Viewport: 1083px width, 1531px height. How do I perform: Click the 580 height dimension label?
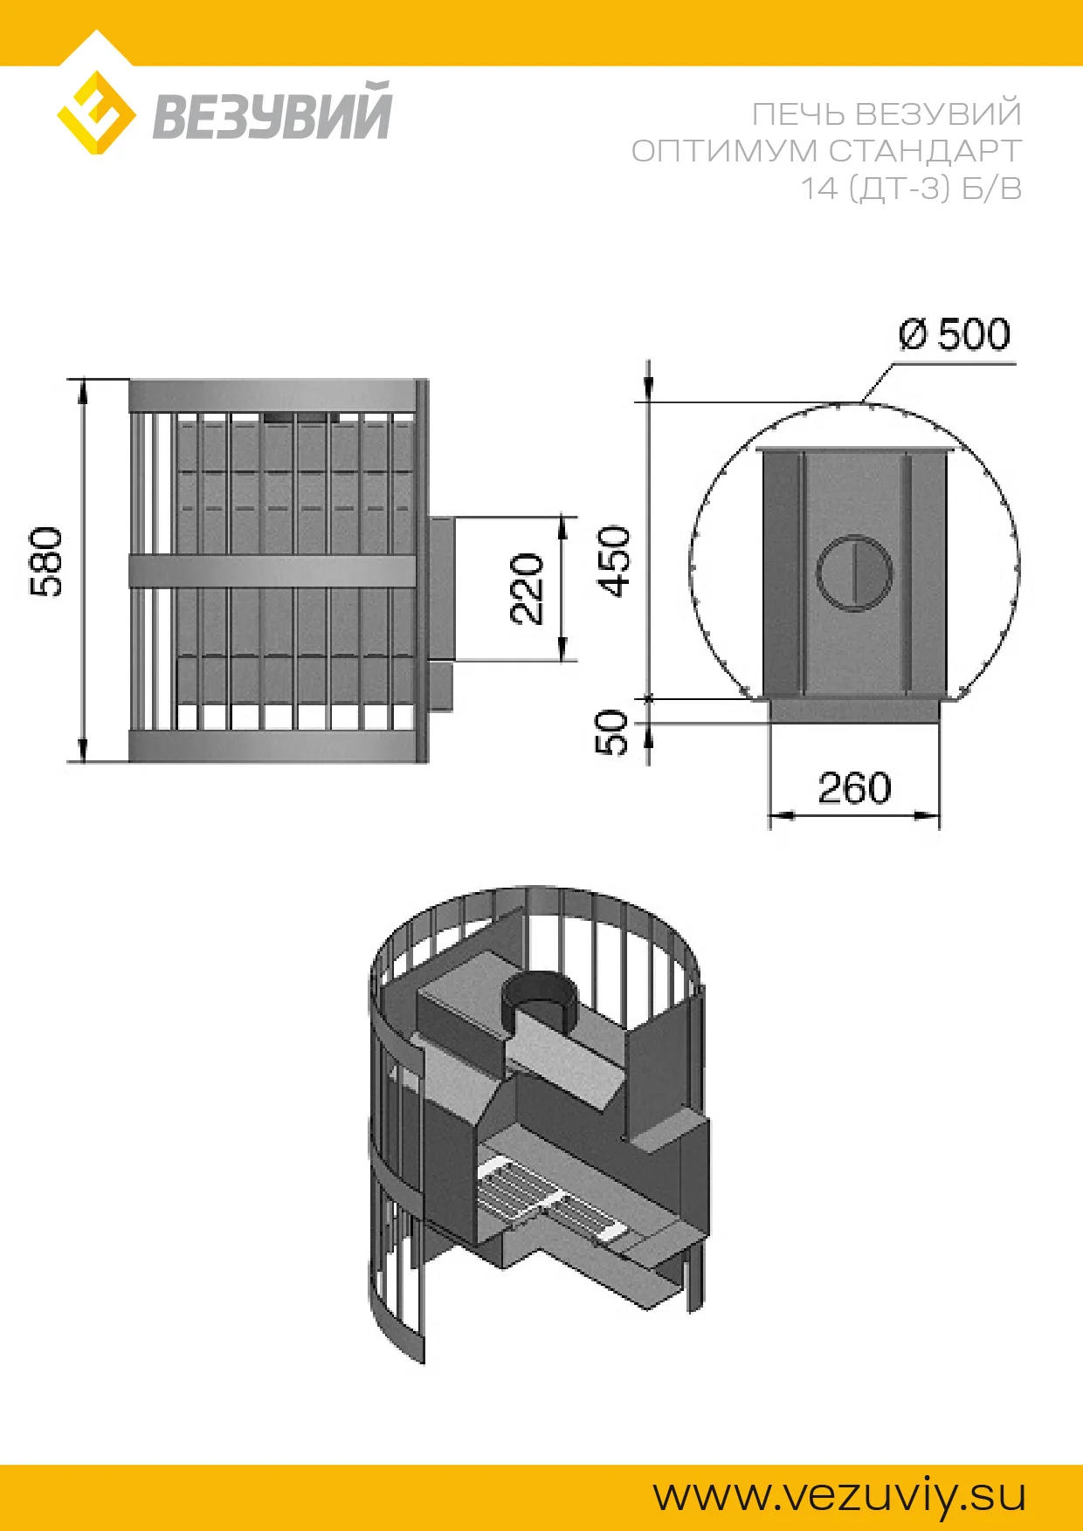click(47, 562)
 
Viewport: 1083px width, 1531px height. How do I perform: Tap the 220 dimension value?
click(527, 588)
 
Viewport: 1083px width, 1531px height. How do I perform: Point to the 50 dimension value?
click(612, 731)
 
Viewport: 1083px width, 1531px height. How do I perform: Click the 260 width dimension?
click(854, 788)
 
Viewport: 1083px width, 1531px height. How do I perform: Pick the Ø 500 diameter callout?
click(955, 334)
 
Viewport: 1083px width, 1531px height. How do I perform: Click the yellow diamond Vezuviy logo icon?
click(96, 113)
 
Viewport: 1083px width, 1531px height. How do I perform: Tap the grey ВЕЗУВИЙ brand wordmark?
click(272, 112)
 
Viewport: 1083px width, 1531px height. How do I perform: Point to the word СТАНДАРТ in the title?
click(925, 151)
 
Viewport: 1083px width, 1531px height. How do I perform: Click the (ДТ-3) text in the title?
click(900, 189)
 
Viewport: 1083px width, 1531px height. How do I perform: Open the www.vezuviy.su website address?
click(839, 1495)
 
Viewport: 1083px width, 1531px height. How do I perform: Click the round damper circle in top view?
click(854, 573)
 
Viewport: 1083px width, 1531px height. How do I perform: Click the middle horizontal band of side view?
click(273, 571)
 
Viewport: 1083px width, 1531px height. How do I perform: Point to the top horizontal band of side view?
click(273, 395)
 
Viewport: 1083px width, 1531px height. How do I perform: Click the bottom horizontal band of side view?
click(273, 745)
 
